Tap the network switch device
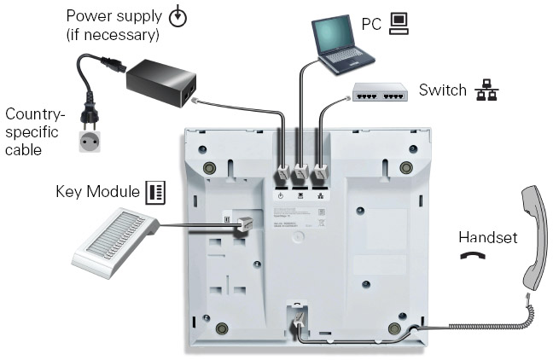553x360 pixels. click(381, 96)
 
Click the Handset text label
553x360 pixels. click(487, 237)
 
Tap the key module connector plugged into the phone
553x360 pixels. click(244, 223)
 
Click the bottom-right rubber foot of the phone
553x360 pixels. click(394, 328)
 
